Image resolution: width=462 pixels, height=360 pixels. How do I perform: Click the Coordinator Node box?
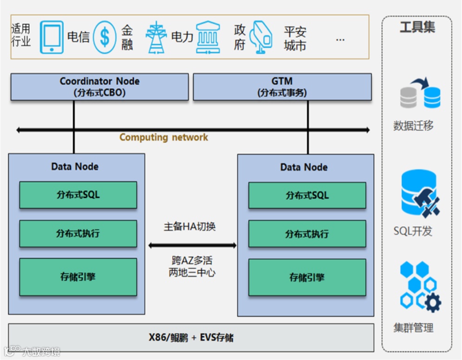[x=99, y=87]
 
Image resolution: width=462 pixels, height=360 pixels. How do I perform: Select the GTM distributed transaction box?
[x=282, y=87]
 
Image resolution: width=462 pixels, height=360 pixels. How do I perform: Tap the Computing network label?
[x=163, y=137]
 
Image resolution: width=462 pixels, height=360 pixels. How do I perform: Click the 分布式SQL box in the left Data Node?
[x=78, y=195]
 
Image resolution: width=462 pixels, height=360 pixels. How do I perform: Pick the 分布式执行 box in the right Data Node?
[x=307, y=234]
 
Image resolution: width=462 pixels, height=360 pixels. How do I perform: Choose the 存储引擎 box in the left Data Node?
[x=78, y=277]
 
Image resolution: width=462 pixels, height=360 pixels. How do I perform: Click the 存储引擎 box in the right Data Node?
[x=307, y=277]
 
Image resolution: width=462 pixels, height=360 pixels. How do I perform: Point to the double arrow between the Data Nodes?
[x=192, y=245]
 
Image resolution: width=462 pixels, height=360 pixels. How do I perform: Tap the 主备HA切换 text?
[x=190, y=226]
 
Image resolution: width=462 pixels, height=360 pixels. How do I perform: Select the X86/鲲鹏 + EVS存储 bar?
[x=191, y=338]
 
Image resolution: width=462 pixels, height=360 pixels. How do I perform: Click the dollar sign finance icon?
[x=104, y=37]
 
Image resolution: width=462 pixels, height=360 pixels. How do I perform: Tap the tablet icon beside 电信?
[x=52, y=37]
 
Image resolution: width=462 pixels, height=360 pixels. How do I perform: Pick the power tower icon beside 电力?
[x=156, y=38]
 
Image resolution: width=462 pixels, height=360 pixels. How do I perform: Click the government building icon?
[x=208, y=38]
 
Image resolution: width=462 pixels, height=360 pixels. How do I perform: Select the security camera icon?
[x=261, y=38]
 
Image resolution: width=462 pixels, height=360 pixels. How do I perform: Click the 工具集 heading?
[x=417, y=27]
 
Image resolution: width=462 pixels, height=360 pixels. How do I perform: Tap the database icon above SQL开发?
[x=420, y=193]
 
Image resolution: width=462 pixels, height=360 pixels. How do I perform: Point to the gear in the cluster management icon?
[x=432, y=303]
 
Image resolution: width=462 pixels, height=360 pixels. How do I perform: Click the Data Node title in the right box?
[x=304, y=167]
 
